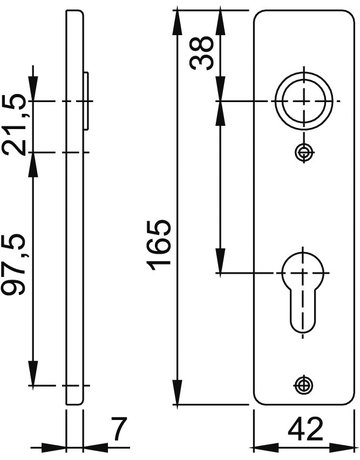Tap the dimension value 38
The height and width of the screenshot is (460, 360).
[201, 53]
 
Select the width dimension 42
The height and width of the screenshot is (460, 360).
[305, 429]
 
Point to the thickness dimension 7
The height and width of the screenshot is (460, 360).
[119, 429]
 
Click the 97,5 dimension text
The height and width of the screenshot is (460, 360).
[13, 265]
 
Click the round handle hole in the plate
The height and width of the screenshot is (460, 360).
[303, 101]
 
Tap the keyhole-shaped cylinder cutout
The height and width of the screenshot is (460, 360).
[303, 292]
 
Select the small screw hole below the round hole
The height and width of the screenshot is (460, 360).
[304, 153]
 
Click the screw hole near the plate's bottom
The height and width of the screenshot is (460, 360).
[303, 385]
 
